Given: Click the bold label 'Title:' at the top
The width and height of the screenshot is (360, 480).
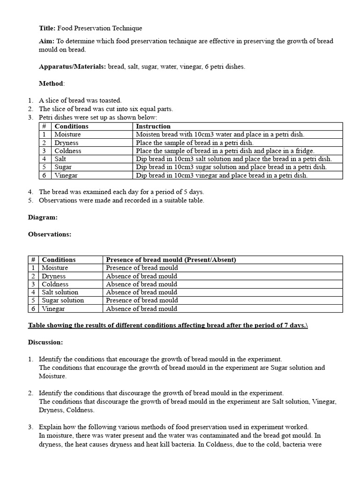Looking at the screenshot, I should click(47, 29).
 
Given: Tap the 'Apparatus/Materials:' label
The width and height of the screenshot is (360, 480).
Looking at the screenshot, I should click(72, 67).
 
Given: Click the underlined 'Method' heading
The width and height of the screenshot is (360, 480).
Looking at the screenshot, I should click(51, 83).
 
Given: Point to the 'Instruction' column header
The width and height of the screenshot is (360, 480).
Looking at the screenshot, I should click(153, 127).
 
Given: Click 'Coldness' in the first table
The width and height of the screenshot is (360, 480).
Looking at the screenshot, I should click(68, 151).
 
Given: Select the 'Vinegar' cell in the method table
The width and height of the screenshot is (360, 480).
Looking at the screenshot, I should click(66, 175).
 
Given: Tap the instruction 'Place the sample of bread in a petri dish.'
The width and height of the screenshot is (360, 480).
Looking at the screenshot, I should click(195, 143).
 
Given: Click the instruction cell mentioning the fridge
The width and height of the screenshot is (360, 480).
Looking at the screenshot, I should click(225, 151).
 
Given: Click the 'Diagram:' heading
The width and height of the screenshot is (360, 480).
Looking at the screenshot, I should click(43, 217).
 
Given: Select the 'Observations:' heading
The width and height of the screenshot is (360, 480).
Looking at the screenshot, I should click(50, 234).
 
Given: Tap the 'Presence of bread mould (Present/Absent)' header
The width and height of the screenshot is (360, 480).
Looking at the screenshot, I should click(171, 260).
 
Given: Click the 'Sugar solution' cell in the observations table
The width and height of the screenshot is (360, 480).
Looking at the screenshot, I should click(63, 300).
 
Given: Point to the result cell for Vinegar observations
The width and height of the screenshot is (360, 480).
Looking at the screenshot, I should click(142, 308).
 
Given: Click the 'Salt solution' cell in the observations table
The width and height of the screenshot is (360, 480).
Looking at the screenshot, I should click(60, 292).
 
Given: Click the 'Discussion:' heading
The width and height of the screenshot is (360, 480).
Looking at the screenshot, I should click(45, 343).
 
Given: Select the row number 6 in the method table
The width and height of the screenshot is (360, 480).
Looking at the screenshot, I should click(44, 175).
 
